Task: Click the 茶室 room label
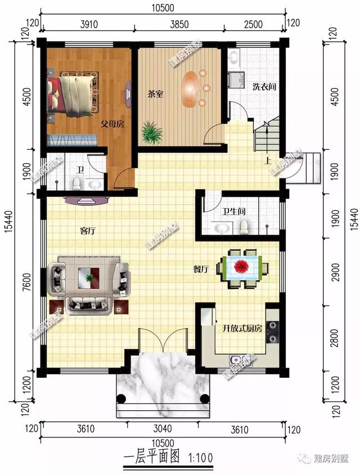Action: (x=156, y=94)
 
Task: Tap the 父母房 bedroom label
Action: (x=112, y=124)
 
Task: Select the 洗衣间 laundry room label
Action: (x=264, y=87)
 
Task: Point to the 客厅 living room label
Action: (x=88, y=231)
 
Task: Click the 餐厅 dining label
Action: (x=201, y=269)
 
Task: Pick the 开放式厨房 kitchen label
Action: (x=242, y=328)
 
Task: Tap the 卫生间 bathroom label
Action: (x=233, y=211)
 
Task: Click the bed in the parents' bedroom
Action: (x=73, y=95)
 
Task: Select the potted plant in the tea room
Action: (x=152, y=132)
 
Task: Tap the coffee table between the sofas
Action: (x=89, y=278)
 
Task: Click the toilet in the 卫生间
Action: (x=244, y=227)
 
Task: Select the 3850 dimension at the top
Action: (x=179, y=24)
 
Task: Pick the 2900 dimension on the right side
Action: (x=335, y=272)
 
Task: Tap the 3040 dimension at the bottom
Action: (x=163, y=428)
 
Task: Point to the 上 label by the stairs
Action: (x=267, y=160)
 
